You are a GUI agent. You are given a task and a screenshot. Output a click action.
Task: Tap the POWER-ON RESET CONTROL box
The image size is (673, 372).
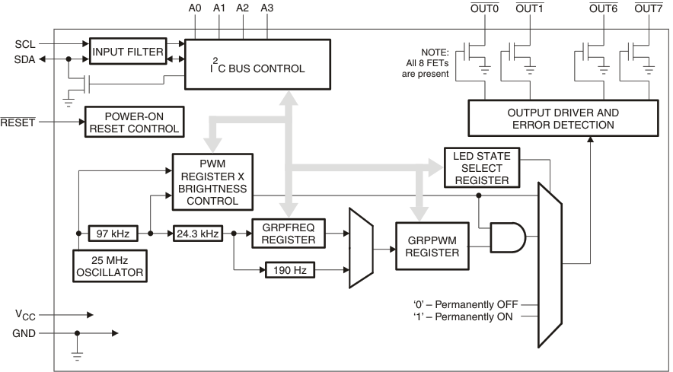pyautogui.click(x=134, y=122)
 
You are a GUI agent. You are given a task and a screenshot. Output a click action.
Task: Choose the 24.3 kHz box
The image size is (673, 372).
pyautogui.click(x=197, y=233)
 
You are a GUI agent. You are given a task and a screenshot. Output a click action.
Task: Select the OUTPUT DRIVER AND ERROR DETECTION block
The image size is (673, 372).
pyautogui.click(x=563, y=119)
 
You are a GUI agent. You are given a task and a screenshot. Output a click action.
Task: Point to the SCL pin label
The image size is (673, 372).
pyautogui.click(x=24, y=44)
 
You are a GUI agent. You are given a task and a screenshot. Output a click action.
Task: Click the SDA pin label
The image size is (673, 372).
pyautogui.click(x=24, y=59)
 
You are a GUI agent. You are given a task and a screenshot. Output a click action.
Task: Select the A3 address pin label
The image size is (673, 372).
pyautogui.click(x=267, y=8)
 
